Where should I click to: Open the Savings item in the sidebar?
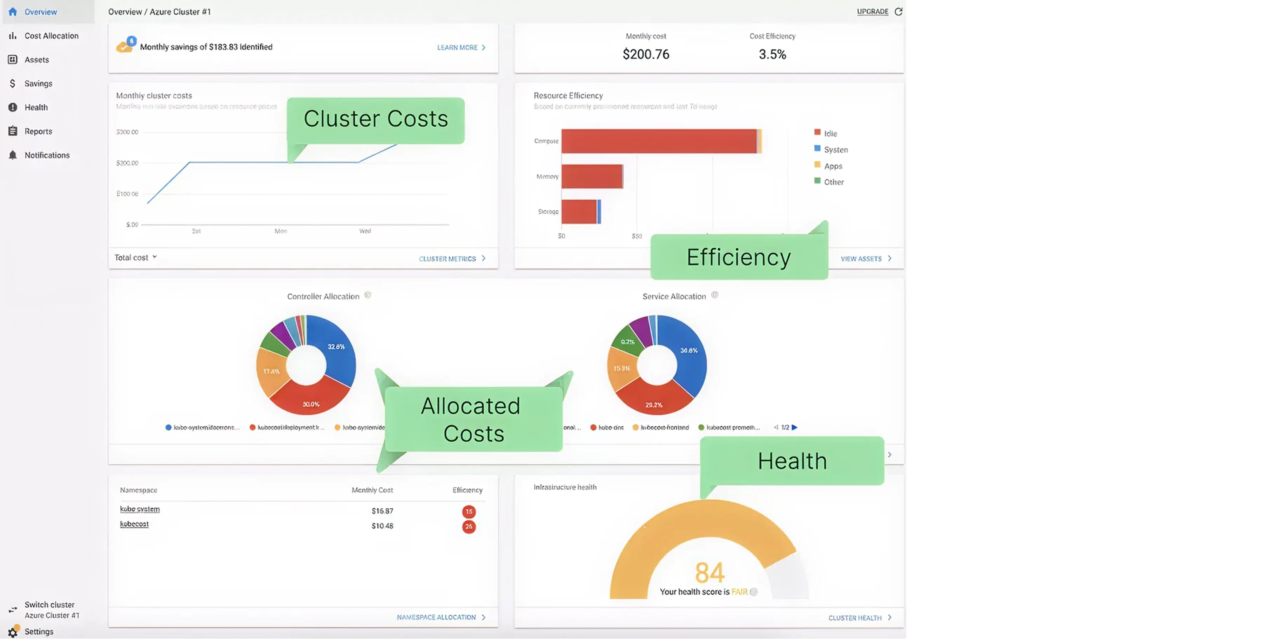[x=38, y=84]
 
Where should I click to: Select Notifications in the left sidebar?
[x=47, y=155]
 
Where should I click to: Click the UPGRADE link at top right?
[x=872, y=11]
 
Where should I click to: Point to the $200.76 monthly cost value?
[x=645, y=54]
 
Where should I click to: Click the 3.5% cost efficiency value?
[x=772, y=54]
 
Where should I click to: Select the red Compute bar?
[x=658, y=141]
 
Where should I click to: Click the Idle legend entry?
[x=830, y=133]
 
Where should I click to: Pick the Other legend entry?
[x=833, y=182]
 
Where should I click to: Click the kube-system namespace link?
[x=140, y=509]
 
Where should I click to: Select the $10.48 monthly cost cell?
[x=382, y=526]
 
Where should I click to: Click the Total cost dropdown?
[x=135, y=258]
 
